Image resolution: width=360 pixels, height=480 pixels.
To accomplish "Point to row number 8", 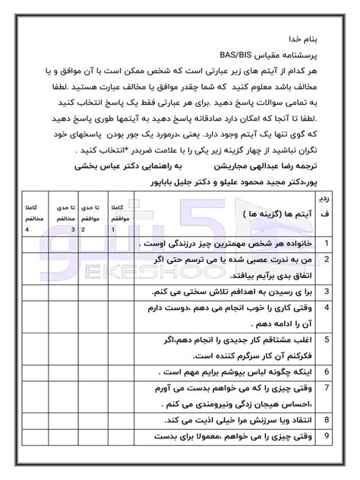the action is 326,419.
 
